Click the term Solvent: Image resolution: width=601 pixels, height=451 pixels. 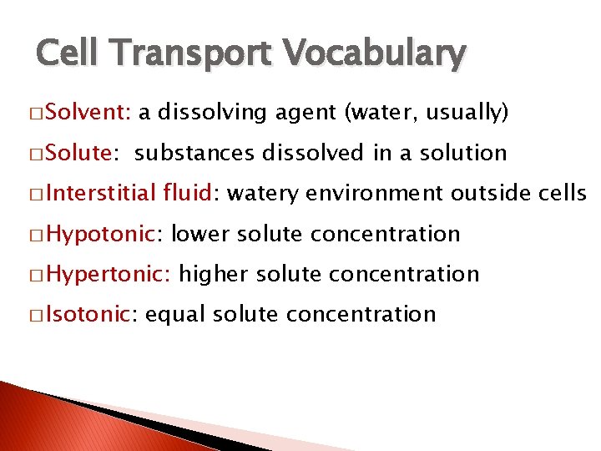(x=89, y=114)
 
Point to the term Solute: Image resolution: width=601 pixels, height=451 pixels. (x=83, y=154)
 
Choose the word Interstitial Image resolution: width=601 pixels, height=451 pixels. (x=101, y=194)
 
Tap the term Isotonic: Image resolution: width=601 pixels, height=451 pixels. (x=91, y=314)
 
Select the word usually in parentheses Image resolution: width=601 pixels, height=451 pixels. (x=465, y=114)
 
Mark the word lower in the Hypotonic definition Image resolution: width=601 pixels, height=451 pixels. (x=200, y=234)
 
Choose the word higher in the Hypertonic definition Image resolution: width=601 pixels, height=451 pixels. (x=213, y=274)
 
